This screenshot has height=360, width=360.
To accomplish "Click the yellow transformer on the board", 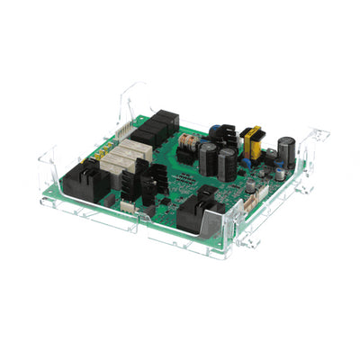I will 251,140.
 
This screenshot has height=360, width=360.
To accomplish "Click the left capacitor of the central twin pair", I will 207,160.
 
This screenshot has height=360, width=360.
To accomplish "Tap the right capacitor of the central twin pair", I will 227,164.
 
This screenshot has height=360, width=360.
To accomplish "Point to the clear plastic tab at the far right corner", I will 320,135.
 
